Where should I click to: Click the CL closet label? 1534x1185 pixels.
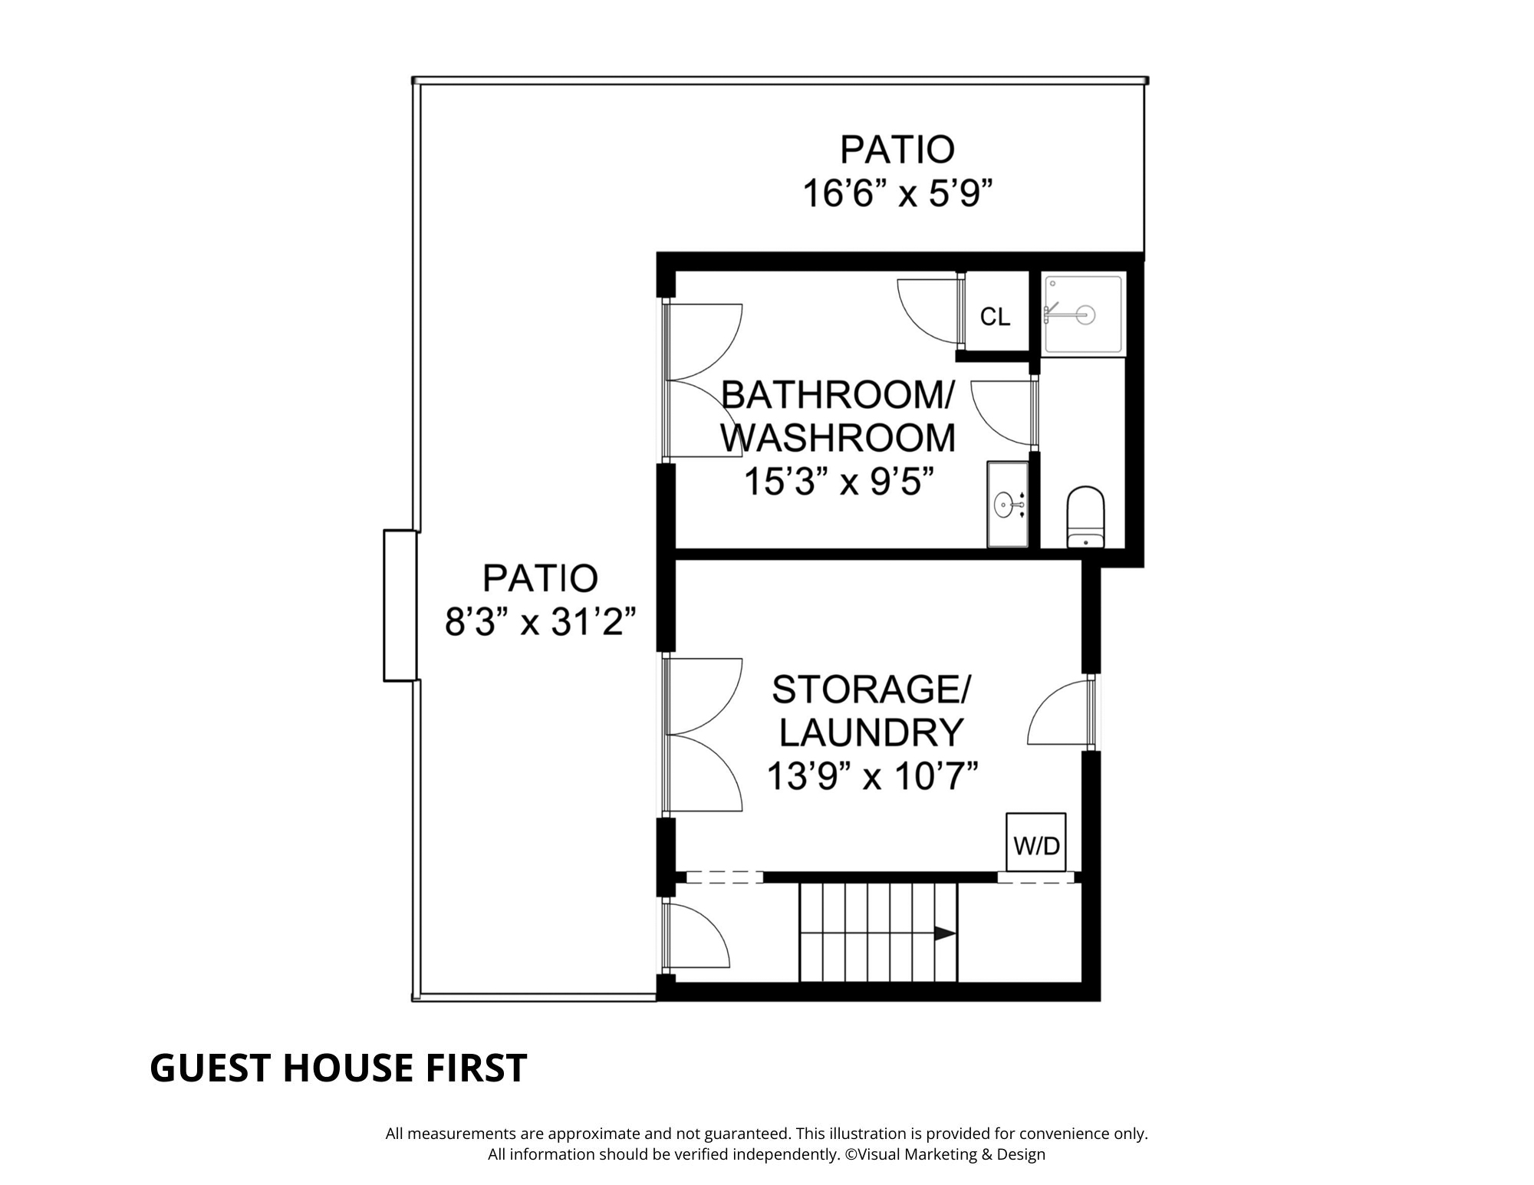[995, 317]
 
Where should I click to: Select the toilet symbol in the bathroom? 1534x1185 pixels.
[1085, 516]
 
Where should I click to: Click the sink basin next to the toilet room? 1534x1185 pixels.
[1005, 505]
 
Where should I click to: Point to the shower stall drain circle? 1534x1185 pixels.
[1085, 314]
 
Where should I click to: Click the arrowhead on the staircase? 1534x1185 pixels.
[945, 933]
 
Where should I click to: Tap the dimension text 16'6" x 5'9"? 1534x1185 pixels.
[897, 193]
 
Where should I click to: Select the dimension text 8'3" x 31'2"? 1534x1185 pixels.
[541, 622]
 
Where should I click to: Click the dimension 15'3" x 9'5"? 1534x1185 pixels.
[840, 482]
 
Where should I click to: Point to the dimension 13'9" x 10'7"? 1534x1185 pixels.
[873, 776]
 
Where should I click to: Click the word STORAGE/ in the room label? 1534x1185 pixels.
[871, 689]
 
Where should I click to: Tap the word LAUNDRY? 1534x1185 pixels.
[871, 732]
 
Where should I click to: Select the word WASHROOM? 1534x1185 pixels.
[838, 438]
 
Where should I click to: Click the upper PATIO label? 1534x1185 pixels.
[897, 150]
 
